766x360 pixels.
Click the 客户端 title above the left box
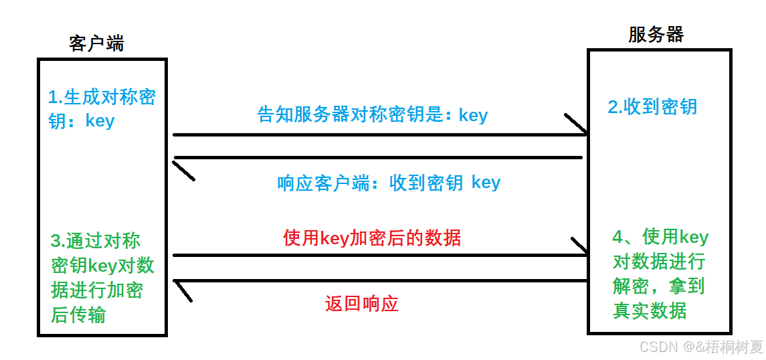tap(96, 43)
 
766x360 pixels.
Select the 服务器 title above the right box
tap(656, 34)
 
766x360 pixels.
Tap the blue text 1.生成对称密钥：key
tap(102, 108)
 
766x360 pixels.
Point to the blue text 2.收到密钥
tap(652, 106)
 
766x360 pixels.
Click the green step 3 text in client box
tap(102, 278)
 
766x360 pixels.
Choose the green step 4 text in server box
tap(660, 274)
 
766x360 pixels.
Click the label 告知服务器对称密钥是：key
tap(373, 115)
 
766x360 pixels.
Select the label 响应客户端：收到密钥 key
tap(389, 183)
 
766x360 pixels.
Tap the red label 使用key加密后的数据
tap(372, 238)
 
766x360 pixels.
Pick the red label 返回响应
tap(361, 304)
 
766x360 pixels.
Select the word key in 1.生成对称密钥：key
tap(100, 121)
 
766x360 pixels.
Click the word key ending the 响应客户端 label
tap(486, 183)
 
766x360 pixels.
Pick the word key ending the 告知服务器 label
tap(473, 115)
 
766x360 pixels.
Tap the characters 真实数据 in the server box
tap(650, 310)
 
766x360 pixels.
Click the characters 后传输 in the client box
tap(78, 314)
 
